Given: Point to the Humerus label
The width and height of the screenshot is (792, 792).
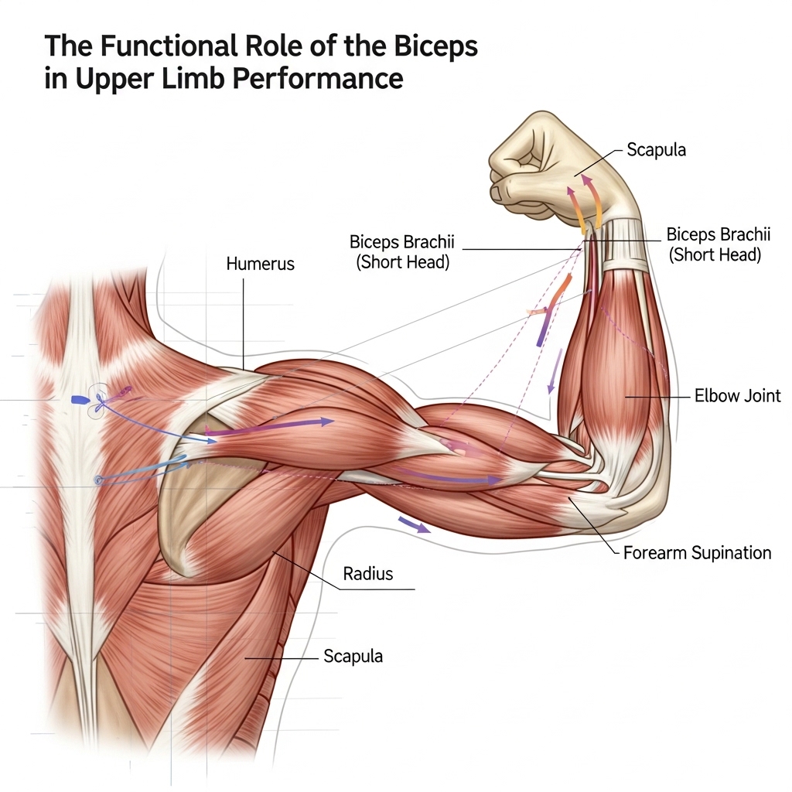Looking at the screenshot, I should (260, 264).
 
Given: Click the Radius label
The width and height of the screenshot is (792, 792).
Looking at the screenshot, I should (368, 574).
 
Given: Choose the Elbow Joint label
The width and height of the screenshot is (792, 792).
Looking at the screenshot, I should (737, 397).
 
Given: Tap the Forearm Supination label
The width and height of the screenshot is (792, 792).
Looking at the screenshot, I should (697, 552).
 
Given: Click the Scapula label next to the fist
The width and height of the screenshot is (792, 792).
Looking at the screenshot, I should (656, 150).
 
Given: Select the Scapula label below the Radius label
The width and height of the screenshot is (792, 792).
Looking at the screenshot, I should (353, 656).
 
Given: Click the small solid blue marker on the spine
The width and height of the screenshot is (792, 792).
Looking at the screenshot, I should (80, 400).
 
